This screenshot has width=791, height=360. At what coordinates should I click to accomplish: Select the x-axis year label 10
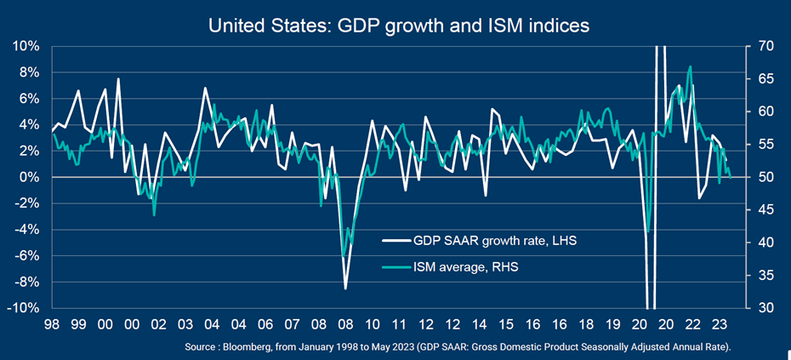pos(372,324)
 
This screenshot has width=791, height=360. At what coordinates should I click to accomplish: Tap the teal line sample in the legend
pos(393,267)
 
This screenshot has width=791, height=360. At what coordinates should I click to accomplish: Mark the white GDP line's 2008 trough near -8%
pos(345,289)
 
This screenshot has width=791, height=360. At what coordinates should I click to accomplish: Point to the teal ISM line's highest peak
pos(690,66)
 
